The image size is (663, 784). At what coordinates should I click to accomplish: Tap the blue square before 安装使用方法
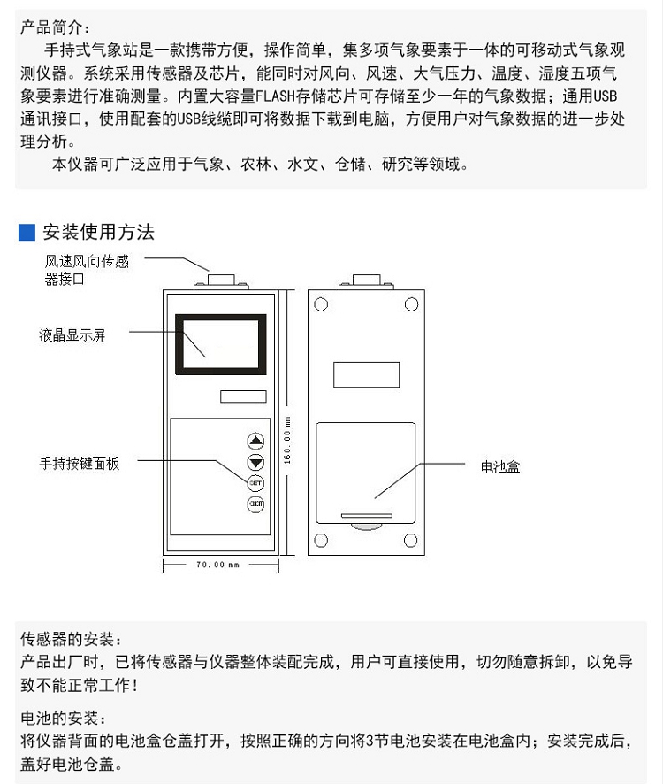pyautogui.click(x=27, y=233)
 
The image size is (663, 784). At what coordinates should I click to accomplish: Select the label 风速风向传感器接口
pyautogui.click(x=87, y=270)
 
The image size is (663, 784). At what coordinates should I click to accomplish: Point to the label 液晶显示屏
pyautogui.click(x=72, y=335)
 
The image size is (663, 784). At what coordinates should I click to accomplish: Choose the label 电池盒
pyautogui.click(x=499, y=466)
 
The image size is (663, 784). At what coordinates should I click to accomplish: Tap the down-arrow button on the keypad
pyautogui.click(x=255, y=462)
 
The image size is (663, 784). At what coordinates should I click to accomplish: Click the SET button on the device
pyautogui.click(x=255, y=483)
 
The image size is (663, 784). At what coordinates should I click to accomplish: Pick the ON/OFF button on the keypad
pyautogui.click(x=255, y=504)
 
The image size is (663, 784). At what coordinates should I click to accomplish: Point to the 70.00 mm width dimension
pyautogui.click(x=216, y=565)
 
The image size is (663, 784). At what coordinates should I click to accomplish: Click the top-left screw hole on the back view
pyautogui.click(x=322, y=305)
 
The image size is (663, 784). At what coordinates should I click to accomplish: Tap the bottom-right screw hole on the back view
pyautogui.click(x=411, y=541)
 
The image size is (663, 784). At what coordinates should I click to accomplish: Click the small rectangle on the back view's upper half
pyautogui.click(x=366, y=374)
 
